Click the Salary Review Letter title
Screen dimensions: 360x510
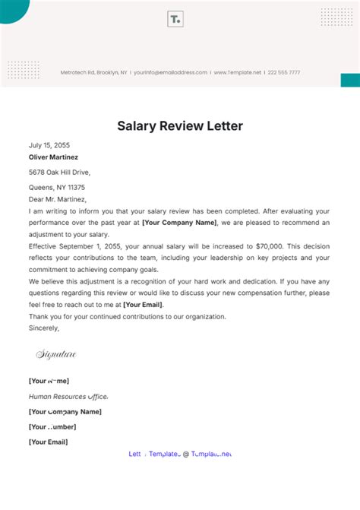pyautogui.click(x=180, y=125)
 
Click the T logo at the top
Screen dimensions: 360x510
pyautogui.click(x=176, y=20)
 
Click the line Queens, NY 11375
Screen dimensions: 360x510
pyautogui.click(x=57, y=187)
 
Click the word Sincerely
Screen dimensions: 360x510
pyautogui.click(x=44, y=328)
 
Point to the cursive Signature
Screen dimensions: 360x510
pyautogui.click(x=55, y=354)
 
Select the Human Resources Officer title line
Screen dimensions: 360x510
pyautogui.click(x=68, y=397)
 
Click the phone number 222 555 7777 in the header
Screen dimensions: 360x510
pyautogui.click(x=283, y=72)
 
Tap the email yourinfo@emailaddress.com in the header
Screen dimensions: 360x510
pyautogui.click(x=171, y=72)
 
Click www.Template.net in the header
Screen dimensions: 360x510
pyautogui.click(x=238, y=72)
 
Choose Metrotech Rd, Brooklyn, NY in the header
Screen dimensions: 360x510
pyautogui.click(x=94, y=72)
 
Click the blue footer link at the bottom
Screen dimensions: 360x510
pyautogui.click(x=180, y=454)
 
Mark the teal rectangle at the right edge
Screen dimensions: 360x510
pyautogui.click(x=350, y=80)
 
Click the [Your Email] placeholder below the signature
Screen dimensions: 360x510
pyautogui.click(x=48, y=442)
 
